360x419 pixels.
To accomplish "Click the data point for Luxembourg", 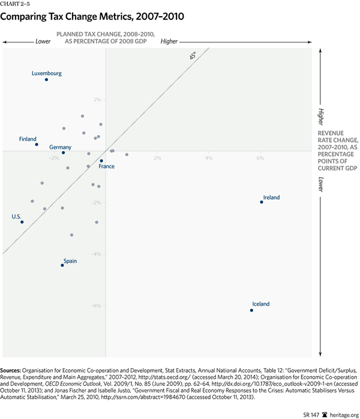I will [46, 80].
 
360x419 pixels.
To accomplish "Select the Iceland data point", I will [251, 310].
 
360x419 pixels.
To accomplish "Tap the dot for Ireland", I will [262, 202].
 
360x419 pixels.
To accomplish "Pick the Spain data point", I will [62, 265].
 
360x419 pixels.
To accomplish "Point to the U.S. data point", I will [22, 222].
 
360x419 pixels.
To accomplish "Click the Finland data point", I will [37, 144].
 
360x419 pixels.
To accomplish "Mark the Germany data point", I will [63, 152].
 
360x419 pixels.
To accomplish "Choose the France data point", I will [101, 161].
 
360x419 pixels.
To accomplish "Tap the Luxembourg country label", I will [47, 73].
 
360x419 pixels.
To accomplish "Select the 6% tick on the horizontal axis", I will [260, 158].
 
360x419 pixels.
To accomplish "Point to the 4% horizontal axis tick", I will [209, 158].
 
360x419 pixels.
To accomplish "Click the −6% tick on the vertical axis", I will [97, 306].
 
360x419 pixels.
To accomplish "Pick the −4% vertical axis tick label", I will [97, 254].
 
